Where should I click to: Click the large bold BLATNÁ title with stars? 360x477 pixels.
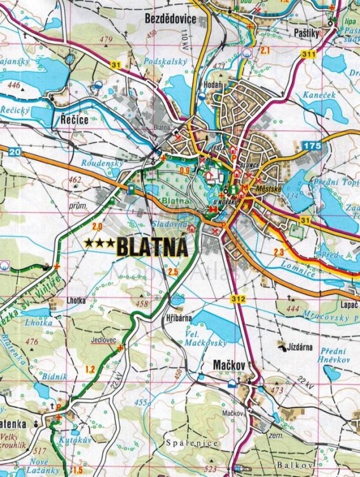137,247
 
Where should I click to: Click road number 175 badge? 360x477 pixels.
312,147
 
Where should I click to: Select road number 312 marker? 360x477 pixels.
239,300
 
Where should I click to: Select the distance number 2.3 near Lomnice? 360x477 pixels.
279,253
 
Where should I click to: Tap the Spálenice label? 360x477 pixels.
190,443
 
